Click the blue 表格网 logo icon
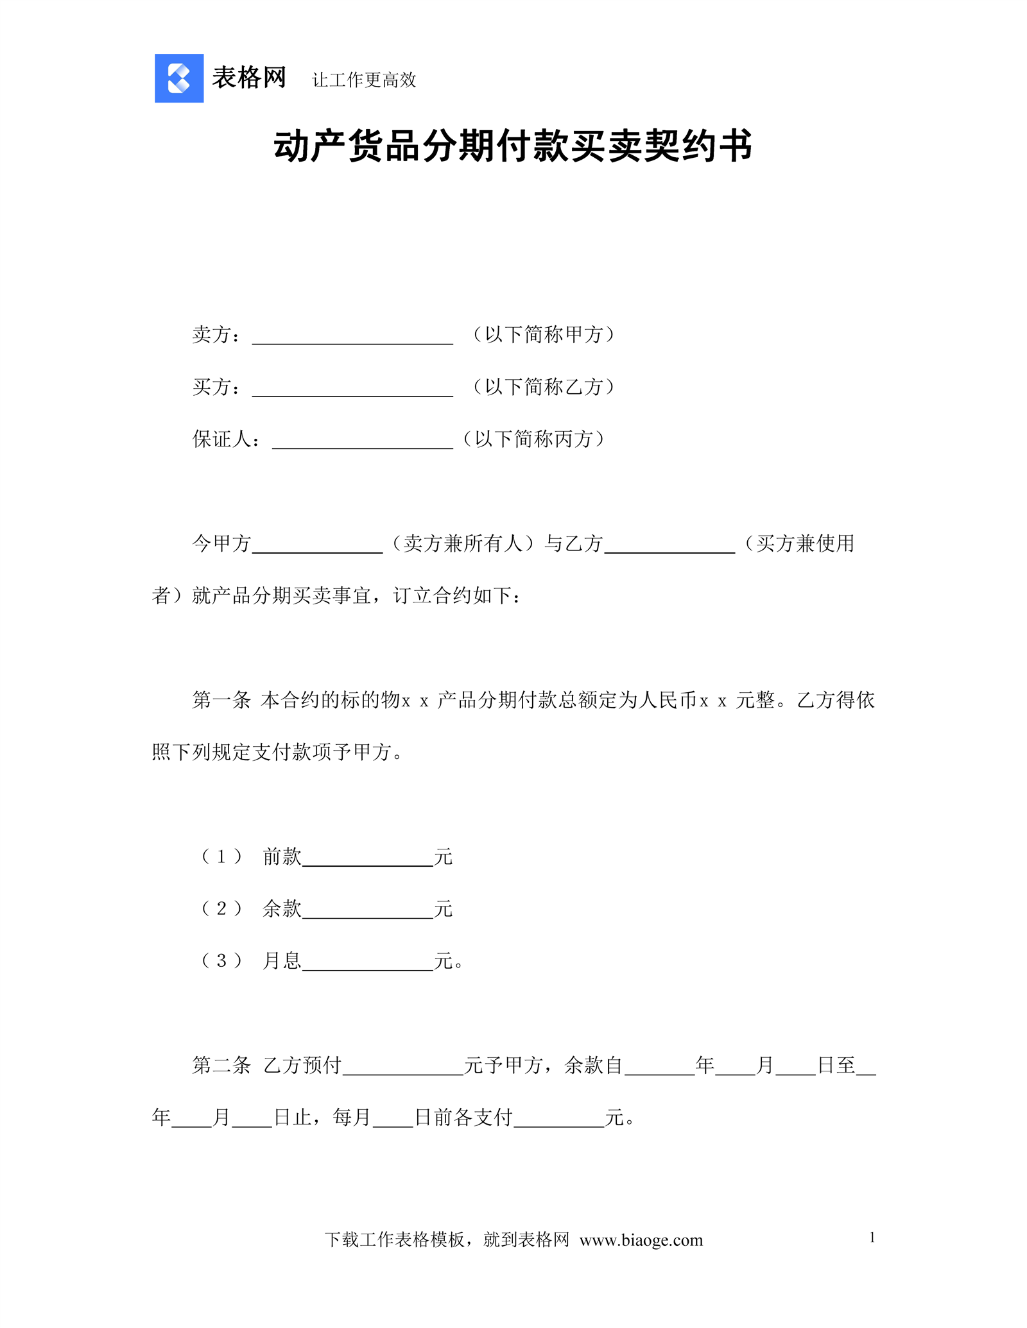click(x=179, y=78)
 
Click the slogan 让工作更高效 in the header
click(x=364, y=80)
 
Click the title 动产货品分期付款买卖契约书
click(x=513, y=146)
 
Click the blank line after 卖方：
click(x=352, y=337)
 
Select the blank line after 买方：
click(x=352, y=390)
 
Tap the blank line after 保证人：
click(x=363, y=442)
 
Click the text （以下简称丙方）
click(x=533, y=439)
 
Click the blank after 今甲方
click(x=317, y=547)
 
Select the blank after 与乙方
click(x=669, y=547)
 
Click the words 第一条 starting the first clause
click(x=221, y=700)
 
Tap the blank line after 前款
click(x=368, y=860)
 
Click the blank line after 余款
click(x=368, y=912)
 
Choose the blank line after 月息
click(x=368, y=964)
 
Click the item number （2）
click(x=221, y=908)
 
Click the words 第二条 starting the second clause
click(x=221, y=1066)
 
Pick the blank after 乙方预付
click(x=403, y=1069)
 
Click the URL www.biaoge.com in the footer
click(x=641, y=1240)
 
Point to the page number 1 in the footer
click(x=872, y=1238)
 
